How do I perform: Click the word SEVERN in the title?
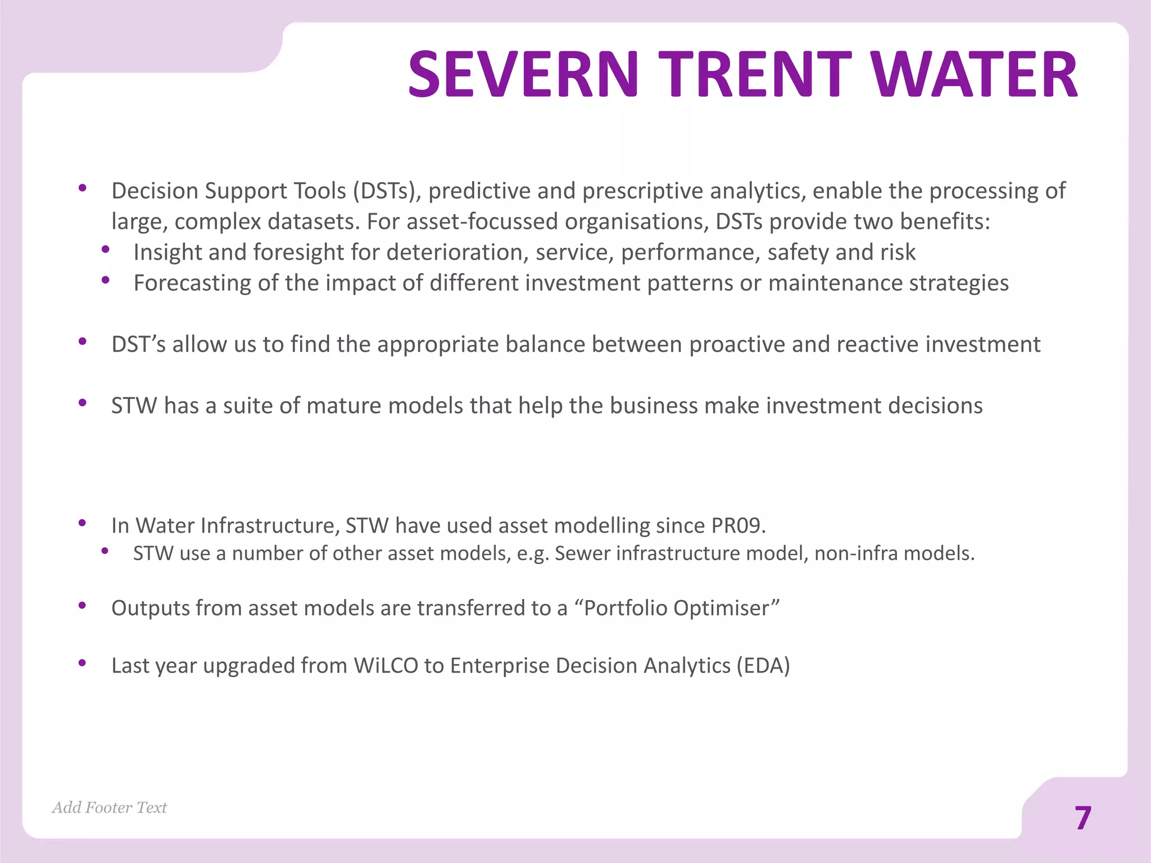pyautogui.click(x=523, y=74)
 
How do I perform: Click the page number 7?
pyautogui.click(x=1082, y=818)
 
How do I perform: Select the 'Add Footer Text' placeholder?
pyautogui.click(x=110, y=807)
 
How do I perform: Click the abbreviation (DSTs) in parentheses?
pyautogui.click(x=387, y=191)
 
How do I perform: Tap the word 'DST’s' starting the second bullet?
pyautogui.click(x=138, y=344)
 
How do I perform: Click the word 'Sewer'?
pyautogui.click(x=581, y=553)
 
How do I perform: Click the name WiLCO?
pyautogui.click(x=386, y=665)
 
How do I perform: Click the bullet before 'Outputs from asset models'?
pyautogui.click(x=83, y=605)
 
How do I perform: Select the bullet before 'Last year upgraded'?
pyautogui.click(x=83, y=663)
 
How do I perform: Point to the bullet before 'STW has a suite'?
pyautogui.click(x=83, y=402)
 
